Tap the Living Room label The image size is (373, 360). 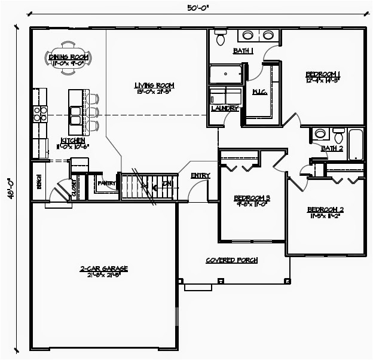pos(154,86)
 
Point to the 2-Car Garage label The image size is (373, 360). pos(104,269)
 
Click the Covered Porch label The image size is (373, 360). pos(231,260)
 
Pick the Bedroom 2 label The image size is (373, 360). pos(325,209)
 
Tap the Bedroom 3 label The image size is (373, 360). pos(252,198)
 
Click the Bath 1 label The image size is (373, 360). pos(243,51)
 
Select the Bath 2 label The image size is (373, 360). pos(332,148)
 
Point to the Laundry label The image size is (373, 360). pos(225,109)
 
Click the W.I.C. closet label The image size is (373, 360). pos(259,91)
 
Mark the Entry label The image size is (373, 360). pos(200,175)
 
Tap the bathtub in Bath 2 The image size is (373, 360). pos(356,145)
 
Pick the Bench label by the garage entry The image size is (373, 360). pos(39,180)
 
